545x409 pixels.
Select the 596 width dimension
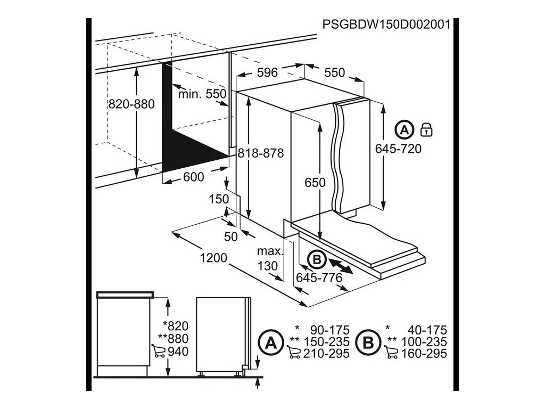[267, 72]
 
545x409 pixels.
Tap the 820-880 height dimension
[131, 104]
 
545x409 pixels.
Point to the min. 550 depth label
[202, 94]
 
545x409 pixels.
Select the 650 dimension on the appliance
[315, 183]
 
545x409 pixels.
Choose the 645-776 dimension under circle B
[319, 277]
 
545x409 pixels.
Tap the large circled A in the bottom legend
[270, 341]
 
